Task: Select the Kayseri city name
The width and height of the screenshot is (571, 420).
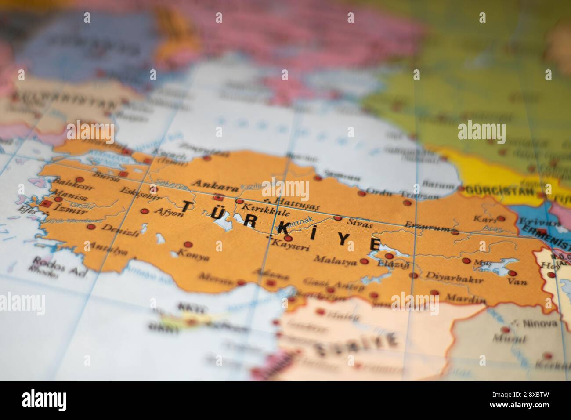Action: click(x=291, y=247)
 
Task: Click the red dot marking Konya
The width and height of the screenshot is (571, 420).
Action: click(x=188, y=244)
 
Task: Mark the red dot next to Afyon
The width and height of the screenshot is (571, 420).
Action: click(x=144, y=211)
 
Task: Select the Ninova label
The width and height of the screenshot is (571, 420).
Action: click(x=540, y=323)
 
